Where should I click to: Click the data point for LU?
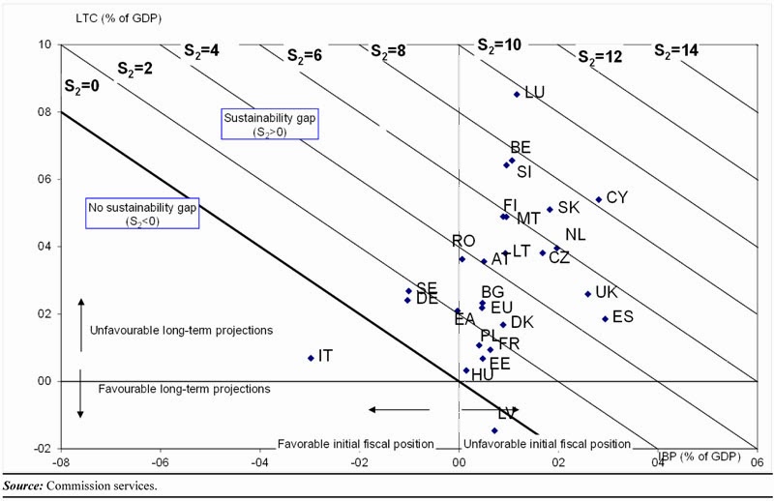(x=517, y=94)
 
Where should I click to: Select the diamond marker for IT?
(x=311, y=358)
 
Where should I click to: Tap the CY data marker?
(x=599, y=199)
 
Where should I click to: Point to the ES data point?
(x=606, y=318)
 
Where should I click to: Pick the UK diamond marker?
(x=587, y=294)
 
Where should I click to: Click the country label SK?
(x=569, y=208)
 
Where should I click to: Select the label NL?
(x=576, y=235)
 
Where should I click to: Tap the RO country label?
(x=463, y=241)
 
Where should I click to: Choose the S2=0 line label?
(x=82, y=85)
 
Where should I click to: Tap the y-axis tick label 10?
(x=45, y=45)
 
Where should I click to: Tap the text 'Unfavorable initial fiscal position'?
(x=547, y=444)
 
